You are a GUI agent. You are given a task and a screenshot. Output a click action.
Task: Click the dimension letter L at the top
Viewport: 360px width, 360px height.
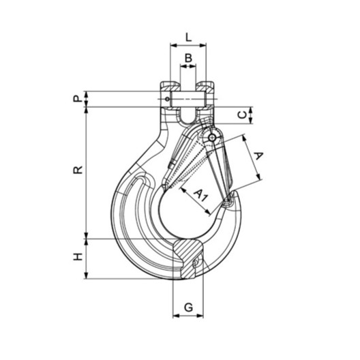point(188,37)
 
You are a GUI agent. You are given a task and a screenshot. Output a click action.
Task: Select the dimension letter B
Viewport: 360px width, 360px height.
point(188,58)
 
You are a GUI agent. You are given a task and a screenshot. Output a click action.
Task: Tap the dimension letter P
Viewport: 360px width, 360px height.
point(78,99)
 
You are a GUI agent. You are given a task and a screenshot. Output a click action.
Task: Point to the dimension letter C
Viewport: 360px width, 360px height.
point(243,115)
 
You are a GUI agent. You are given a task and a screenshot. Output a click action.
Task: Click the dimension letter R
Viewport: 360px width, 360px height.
point(78,170)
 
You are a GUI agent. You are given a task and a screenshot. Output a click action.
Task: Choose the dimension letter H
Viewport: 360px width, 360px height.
point(78,256)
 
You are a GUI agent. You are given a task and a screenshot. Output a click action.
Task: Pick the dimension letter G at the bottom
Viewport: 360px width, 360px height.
point(188,307)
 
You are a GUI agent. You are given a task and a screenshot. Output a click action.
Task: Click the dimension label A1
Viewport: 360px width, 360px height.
point(201,195)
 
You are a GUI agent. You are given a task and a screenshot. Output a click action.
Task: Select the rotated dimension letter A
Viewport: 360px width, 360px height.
point(259,155)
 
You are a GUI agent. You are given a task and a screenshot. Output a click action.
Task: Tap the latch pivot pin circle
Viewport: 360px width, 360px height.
point(212,138)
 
